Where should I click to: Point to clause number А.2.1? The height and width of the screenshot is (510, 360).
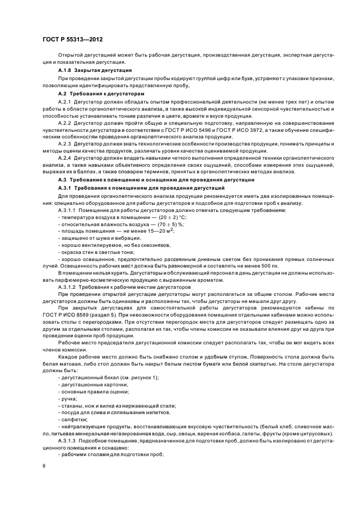(x=65, y=102)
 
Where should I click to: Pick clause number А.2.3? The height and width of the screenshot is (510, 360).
(x=65, y=143)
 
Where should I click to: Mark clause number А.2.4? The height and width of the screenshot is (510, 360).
(x=65, y=158)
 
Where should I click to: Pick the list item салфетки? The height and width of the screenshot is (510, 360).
(x=72, y=420)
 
